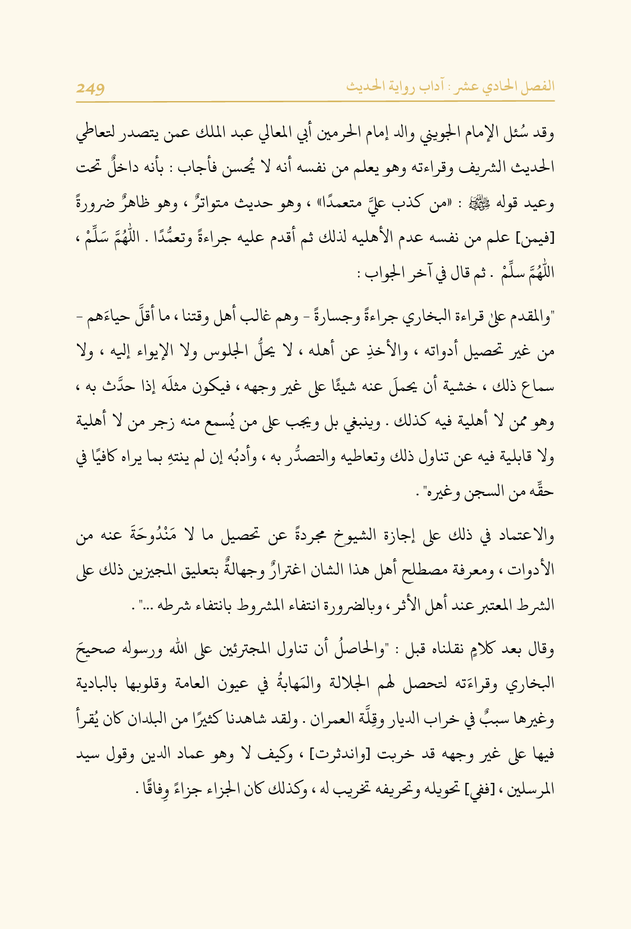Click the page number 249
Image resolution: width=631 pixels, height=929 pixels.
pos(90,89)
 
